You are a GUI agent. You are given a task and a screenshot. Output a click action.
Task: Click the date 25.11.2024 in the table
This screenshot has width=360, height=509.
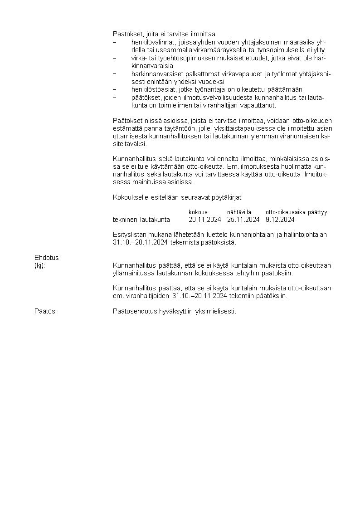pos(243,220)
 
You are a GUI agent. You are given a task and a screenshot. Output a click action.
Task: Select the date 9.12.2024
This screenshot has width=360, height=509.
pos(280,220)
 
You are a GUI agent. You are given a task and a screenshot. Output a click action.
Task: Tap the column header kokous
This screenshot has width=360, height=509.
pos(198,212)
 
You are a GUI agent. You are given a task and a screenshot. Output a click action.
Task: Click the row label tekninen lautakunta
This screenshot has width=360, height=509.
pos(141,220)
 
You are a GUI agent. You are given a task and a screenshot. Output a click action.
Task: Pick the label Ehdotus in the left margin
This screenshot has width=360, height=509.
pos(47,258)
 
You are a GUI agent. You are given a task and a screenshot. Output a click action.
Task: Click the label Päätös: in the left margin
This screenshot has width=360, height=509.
pos(45,311)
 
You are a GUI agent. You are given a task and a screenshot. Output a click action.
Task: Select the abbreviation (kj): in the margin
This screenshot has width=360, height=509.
pos(40,265)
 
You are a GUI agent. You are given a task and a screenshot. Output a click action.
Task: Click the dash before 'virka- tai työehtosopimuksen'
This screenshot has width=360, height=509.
pos(115,58)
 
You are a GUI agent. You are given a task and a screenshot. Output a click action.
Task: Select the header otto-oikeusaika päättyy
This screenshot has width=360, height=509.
pos(296,212)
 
